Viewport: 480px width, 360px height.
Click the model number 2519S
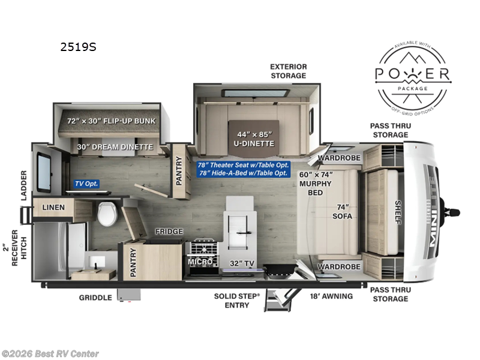point(79,47)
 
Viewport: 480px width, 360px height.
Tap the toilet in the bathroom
point(107,214)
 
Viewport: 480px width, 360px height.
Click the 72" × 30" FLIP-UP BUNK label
point(112,121)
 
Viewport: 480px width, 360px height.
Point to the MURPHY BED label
point(316,184)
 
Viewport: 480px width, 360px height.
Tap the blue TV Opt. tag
point(86,184)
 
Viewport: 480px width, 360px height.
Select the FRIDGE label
point(169,232)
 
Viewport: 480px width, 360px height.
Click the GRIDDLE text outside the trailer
point(95,298)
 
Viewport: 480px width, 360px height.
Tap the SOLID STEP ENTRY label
point(237,301)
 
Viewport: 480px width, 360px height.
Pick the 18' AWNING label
point(331,296)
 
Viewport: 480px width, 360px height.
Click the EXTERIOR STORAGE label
point(289,71)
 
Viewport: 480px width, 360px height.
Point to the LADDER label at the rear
point(23,185)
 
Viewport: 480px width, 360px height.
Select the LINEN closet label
point(53,207)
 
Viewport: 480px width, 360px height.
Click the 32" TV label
point(242,263)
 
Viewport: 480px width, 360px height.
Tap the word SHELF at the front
point(398,212)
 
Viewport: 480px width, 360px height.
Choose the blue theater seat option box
point(244,169)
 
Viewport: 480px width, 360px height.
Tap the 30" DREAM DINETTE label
point(115,147)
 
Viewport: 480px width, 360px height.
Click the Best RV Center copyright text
point(50,354)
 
